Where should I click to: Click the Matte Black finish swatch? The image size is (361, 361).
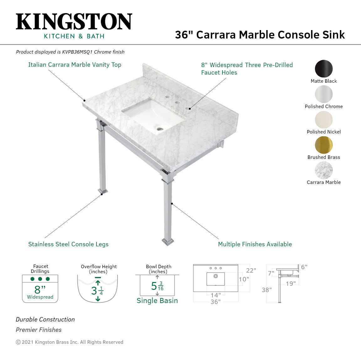pos(324,68)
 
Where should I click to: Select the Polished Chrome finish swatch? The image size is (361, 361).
pos(324,94)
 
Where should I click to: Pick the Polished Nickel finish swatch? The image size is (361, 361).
pos(324,119)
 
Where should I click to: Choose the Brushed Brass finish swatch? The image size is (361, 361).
pos(324,145)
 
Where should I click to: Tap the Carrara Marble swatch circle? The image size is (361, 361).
pos(324,170)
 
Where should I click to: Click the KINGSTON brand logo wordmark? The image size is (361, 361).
pos(74,22)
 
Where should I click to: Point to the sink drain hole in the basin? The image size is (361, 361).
pos(160,128)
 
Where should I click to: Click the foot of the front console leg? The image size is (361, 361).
pos(168,242)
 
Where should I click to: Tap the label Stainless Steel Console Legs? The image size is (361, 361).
pos(68,244)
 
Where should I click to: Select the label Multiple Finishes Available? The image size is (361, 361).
pos(255,244)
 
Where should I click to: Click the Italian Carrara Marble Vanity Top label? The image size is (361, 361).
pos(75,65)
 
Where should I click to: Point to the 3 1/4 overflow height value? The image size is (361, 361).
pos(97,290)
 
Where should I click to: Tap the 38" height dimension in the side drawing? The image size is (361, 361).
pos(267,290)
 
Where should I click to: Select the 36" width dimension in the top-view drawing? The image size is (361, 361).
pos(216,302)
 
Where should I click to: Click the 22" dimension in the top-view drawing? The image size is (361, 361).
pos(251,270)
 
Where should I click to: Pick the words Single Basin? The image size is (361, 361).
pos(157,301)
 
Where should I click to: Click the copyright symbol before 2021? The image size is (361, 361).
pos(18,342)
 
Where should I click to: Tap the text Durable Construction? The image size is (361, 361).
pos(45,319)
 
